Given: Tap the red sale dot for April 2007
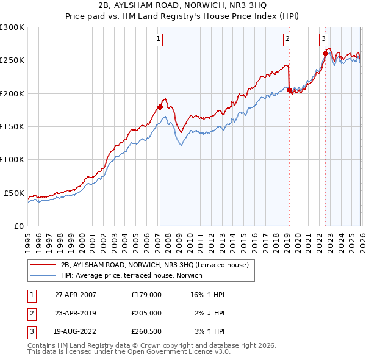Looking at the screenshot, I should click(x=160, y=107).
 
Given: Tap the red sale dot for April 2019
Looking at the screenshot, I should click(x=289, y=90).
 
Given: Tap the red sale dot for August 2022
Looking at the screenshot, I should click(x=325, y=53).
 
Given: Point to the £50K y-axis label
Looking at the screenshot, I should click(x=15, y=193).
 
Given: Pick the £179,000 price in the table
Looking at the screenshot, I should click(x=146, y=295).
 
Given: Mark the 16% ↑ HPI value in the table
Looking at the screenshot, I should click(x=208, y=295).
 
